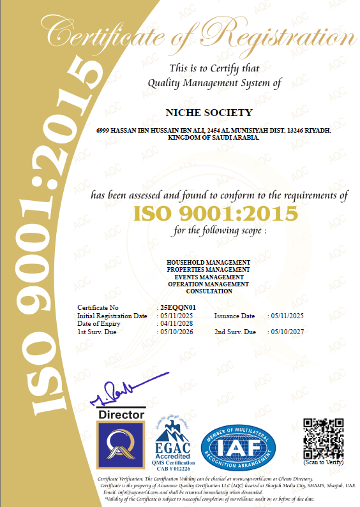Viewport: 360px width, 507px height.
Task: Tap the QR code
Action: [323, 437]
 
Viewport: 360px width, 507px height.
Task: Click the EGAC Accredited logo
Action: [174, 442]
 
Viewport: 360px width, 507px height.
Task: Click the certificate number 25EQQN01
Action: [177, 308]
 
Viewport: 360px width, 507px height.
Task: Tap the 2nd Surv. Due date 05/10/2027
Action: [287, 332]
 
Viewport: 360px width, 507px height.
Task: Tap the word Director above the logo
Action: [119, 415]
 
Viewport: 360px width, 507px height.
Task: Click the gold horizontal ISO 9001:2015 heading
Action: [215, 212]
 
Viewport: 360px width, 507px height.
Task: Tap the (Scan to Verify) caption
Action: [323, 462]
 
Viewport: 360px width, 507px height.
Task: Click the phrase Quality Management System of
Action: [214, 82]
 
